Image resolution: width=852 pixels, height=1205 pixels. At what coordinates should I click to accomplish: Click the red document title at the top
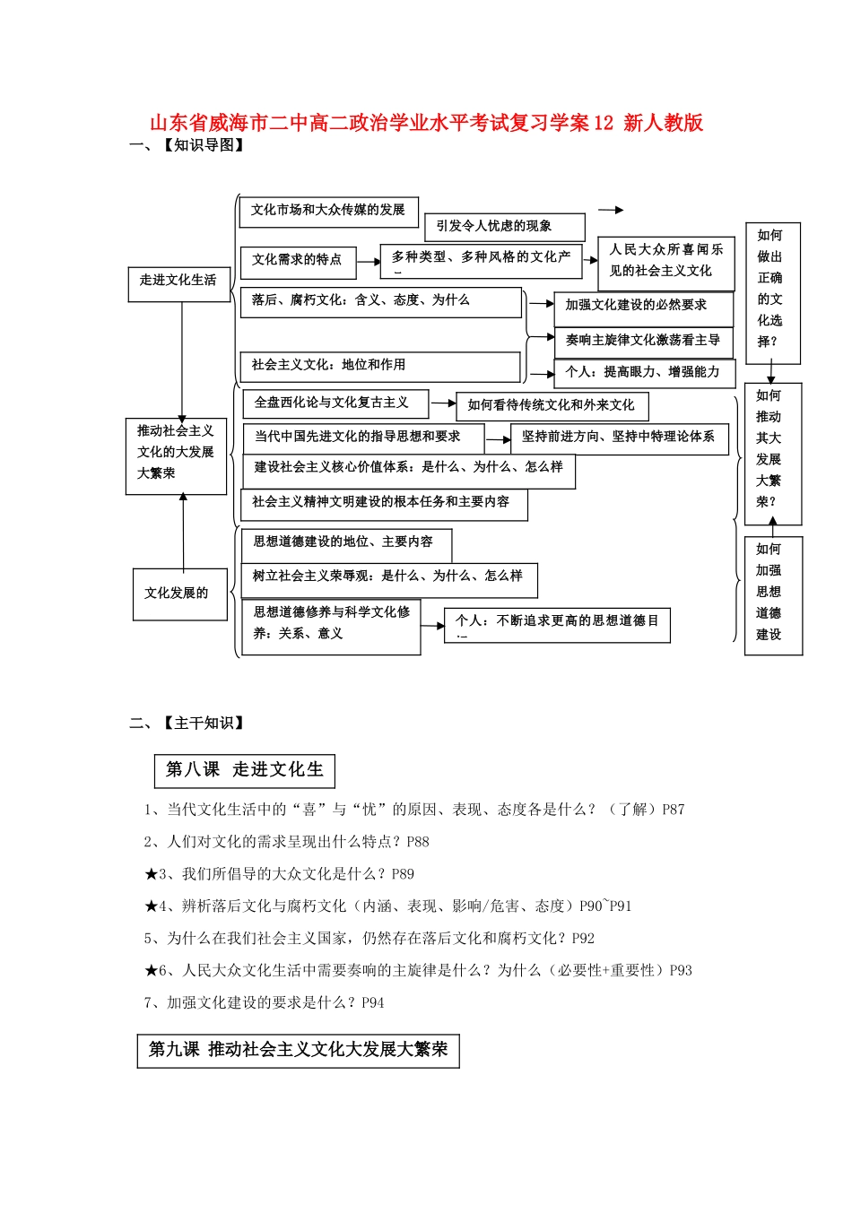click(x=426, y=123)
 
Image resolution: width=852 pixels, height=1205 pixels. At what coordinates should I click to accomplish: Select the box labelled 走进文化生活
click(x=178, y=282)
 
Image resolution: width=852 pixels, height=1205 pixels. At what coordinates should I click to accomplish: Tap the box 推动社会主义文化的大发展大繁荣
click(x=176, y=455)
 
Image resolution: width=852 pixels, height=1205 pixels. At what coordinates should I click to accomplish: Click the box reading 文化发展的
click(x=179, y=594)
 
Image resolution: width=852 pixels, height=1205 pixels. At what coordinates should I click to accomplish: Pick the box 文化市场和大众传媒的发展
click(x=328, y=211)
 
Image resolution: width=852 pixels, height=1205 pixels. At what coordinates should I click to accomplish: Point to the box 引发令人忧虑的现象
click(x=505, y=227)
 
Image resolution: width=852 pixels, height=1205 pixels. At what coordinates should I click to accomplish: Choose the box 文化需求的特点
click(x=298, y=261)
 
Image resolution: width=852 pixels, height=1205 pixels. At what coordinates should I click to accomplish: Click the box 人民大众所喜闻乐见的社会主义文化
click(x=665, y=262)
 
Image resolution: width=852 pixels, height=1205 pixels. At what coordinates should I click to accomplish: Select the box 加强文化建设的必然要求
click(x=642, y=307)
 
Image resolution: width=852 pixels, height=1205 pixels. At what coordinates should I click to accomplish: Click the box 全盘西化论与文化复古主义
click(x=334, y=403)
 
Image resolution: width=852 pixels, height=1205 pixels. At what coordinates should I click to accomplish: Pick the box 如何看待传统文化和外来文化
click(x=552, y=406)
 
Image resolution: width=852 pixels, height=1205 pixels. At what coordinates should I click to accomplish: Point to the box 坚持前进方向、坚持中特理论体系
click(x=619, y=438)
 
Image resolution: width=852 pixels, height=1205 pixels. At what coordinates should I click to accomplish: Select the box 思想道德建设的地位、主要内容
click(x=345, y=543)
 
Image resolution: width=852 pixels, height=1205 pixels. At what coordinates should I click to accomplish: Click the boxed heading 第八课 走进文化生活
click(x=245, y=770)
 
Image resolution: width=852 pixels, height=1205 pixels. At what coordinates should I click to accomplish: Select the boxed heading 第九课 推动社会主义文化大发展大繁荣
click(x=298, y=1050)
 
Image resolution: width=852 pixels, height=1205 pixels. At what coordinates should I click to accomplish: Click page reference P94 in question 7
click(x=372, y=1003)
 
